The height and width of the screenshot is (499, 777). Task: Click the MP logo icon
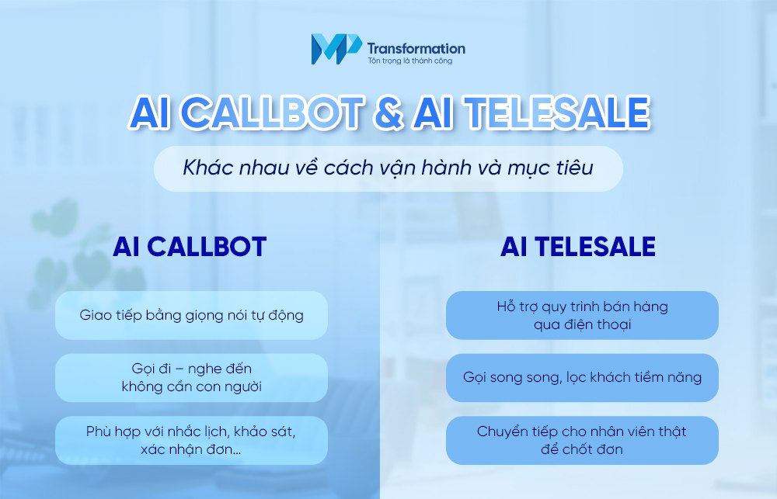tap(328, 48)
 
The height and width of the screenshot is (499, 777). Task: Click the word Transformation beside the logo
tap(416, 48)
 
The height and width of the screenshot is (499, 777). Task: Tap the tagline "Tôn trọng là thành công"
tap(409, 61)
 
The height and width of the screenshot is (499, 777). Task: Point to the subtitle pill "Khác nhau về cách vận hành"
tap(388, 167)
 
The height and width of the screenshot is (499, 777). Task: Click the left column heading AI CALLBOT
tap(190, 246)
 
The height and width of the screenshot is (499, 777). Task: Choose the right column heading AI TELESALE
tap(578, 246)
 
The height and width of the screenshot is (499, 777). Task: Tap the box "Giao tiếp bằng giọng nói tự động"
tap(191, 315)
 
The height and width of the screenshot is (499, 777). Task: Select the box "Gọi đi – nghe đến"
tap(191, 369)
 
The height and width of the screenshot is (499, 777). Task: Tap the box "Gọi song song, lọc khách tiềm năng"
tap(582, 377)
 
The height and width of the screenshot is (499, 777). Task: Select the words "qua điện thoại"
tap(582, 324)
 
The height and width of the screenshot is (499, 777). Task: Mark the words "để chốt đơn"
tap(582, 449)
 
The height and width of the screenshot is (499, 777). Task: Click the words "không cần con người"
tap(191, 386)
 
